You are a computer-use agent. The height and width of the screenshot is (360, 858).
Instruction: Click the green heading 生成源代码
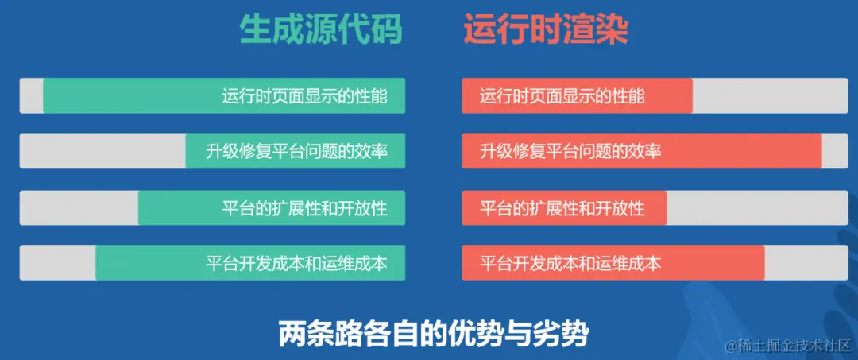[x=321, y=30]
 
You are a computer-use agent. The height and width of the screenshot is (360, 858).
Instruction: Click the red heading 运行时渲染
[x=547, y=30]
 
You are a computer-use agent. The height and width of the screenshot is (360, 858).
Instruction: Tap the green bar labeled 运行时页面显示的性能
[x=224, y=95]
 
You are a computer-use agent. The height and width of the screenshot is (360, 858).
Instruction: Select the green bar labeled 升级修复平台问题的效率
[x=296, y=151]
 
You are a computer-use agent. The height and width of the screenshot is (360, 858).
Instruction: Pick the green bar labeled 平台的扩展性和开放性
[x=272, y=207]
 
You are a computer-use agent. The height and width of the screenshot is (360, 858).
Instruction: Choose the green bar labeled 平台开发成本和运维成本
[x=250, y=263]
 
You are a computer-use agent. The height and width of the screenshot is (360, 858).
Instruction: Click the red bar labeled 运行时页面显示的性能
[x=577, y=95]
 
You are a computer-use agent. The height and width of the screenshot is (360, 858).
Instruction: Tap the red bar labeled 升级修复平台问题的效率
[x=641, y=151]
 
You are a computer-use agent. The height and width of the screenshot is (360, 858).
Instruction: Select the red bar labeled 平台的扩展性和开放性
[x=564, y=207]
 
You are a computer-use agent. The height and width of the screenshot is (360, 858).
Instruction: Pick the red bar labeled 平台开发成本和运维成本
[x=613, y=263]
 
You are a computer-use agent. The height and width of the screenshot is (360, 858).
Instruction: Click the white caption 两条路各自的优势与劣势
[x=433, y=334]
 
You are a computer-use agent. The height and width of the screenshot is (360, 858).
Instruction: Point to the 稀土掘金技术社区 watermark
[x=786, y=346]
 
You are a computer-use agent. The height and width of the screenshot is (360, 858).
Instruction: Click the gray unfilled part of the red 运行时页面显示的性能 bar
[x=770, y=95]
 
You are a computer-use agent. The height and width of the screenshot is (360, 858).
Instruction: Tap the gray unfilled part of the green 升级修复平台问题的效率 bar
[x=102, y=151]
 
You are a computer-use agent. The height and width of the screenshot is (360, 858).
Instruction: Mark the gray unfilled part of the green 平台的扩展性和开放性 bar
[x=79, y=207]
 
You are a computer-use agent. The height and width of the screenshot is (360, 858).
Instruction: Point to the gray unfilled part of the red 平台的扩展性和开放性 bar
[x=757, y=207]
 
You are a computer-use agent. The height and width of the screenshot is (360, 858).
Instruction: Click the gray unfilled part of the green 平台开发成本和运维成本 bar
[x=57, y=263]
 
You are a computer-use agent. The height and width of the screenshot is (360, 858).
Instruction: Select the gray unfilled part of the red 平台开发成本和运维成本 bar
[x=806, y=263]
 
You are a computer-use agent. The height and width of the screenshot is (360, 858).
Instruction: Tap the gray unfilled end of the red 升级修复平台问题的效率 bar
[x=834, y=151]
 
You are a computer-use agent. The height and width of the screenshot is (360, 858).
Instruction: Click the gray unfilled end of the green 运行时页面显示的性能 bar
[x=31, y=95]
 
